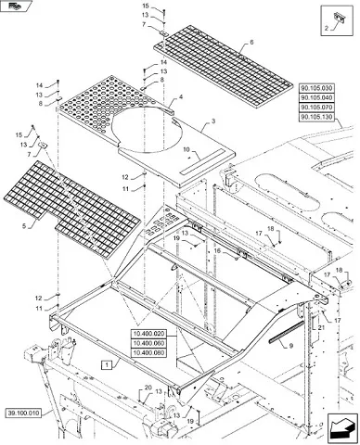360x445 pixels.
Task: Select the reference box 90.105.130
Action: coord(316,118)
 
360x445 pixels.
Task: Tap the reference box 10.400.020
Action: coord(148,334)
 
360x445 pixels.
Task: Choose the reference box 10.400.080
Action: coord(148,353)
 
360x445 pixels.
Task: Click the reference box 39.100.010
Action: coord(23,413)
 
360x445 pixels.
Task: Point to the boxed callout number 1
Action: coord(107,365)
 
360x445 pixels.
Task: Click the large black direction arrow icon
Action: coord(340,427)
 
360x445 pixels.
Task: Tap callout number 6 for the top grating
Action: coord(251,42)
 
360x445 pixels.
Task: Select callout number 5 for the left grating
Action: coord(24,226)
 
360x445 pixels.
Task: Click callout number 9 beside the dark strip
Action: coord(291,347)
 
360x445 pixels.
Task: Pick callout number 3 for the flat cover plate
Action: coord(213,121)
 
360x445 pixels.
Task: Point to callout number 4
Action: coord(181,97)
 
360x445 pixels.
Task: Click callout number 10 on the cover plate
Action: coord(186,150)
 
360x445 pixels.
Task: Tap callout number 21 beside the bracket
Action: coord(320,327)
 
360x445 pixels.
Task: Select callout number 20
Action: coord(148,388)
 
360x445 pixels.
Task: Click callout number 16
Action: coord(218,251)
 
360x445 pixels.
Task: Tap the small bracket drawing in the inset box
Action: coord(339,18)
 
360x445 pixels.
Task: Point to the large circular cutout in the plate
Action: coord(147,130)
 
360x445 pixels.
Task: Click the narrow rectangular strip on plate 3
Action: coord(202,161)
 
